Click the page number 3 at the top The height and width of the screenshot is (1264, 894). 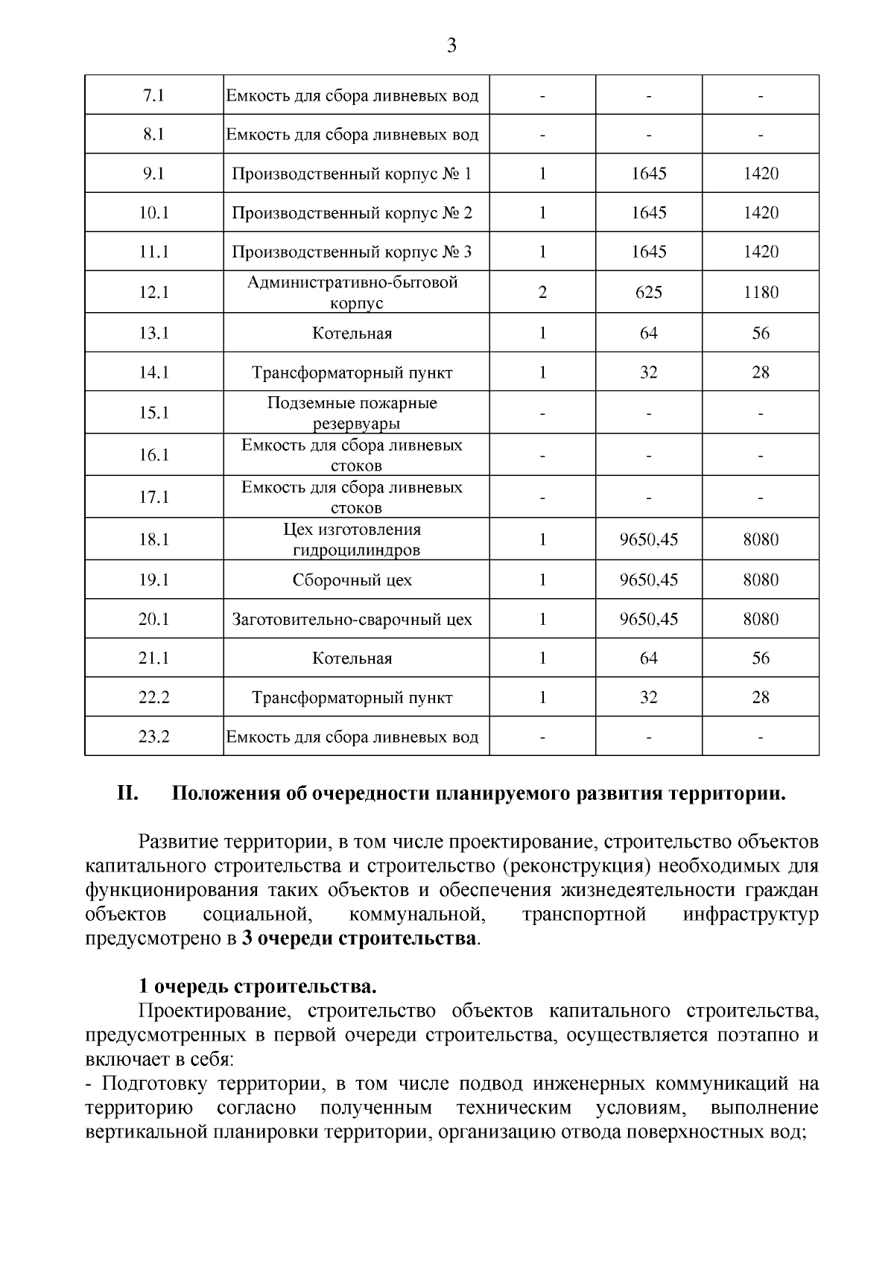pos(451,46)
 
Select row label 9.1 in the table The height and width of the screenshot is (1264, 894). pos(153,174)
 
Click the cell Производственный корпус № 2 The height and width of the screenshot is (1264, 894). pos(352,213)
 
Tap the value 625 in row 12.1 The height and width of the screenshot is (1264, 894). pos(648,292)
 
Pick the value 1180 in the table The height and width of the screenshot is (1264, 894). pos(760,292)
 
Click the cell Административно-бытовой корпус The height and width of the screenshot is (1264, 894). pos(352,292)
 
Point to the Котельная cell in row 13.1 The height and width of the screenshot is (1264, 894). pos(352,333)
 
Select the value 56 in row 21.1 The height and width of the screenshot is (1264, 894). pos(760,658)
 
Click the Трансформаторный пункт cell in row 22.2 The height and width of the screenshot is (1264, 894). pos(352,698)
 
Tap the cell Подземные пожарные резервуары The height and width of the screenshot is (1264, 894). pos(352,413)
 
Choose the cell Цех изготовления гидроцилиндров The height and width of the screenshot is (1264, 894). pos(352,539)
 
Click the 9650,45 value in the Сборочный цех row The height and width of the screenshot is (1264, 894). pos(648,580)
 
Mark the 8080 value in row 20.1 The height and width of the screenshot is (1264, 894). pos(760,620)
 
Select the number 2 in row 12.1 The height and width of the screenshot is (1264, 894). pos(542,292)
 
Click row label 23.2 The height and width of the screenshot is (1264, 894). pos(153,737)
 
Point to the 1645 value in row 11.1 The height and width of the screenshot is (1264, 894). pos(648,252)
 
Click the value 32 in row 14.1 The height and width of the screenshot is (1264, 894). pos(648,372)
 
